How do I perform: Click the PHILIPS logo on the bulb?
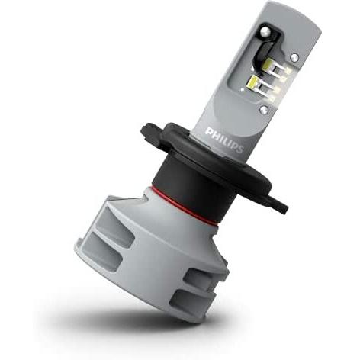click(x=224, y=140)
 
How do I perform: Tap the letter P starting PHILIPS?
click(x=209, y=131)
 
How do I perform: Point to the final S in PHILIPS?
click(x=240, y=149)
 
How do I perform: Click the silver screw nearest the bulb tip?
click(x=265, y=31)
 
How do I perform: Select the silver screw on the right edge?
click(x=294, y=57)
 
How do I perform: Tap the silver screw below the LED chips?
click(x=264, y=110)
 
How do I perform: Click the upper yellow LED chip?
click(x=270, y=62)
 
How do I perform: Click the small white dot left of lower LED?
click(x=242, y=89)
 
